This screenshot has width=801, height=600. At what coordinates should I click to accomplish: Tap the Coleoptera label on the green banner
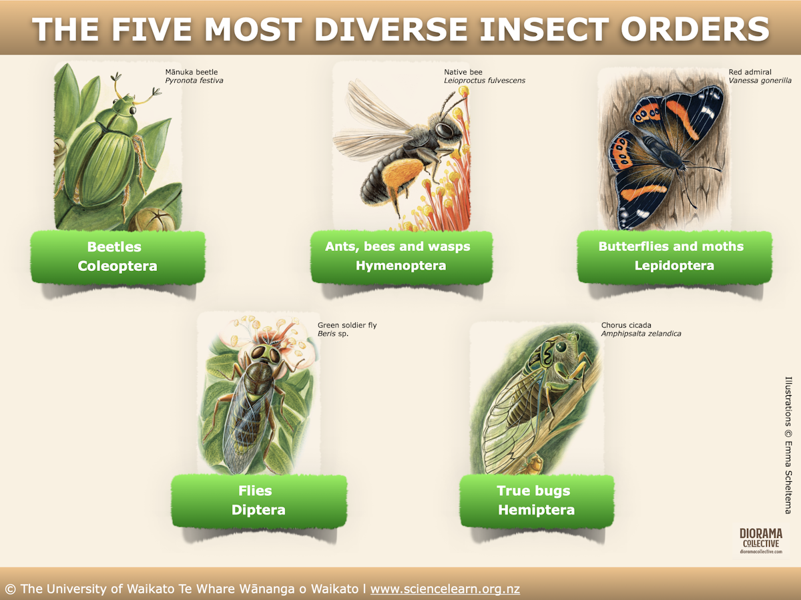click(117, 266)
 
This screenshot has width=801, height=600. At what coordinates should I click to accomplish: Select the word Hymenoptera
click(400, 266)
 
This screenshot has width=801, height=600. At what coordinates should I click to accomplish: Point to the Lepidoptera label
click(674, 266)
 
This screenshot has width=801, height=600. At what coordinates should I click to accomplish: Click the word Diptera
click(258, 510)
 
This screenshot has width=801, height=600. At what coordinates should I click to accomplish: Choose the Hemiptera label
click(536, 510)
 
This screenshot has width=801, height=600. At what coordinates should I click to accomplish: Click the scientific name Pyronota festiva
click(194, 81)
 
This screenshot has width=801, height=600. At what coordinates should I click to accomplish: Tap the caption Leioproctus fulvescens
click(485, 81)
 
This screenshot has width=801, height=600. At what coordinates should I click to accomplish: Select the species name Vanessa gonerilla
click(760, 81)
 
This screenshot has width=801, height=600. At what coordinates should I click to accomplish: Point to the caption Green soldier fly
click(347, 326)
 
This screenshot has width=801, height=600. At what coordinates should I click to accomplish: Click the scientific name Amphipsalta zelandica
click(641, 334)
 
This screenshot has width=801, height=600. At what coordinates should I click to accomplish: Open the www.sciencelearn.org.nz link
click(445, 589)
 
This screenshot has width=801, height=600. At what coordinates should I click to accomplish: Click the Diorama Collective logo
click(760, 541)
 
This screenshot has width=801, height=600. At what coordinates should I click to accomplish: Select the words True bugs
click(533, 491)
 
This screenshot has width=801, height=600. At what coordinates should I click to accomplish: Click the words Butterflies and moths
click(671, 246)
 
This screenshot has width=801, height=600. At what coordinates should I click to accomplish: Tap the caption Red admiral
click(750, 72)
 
